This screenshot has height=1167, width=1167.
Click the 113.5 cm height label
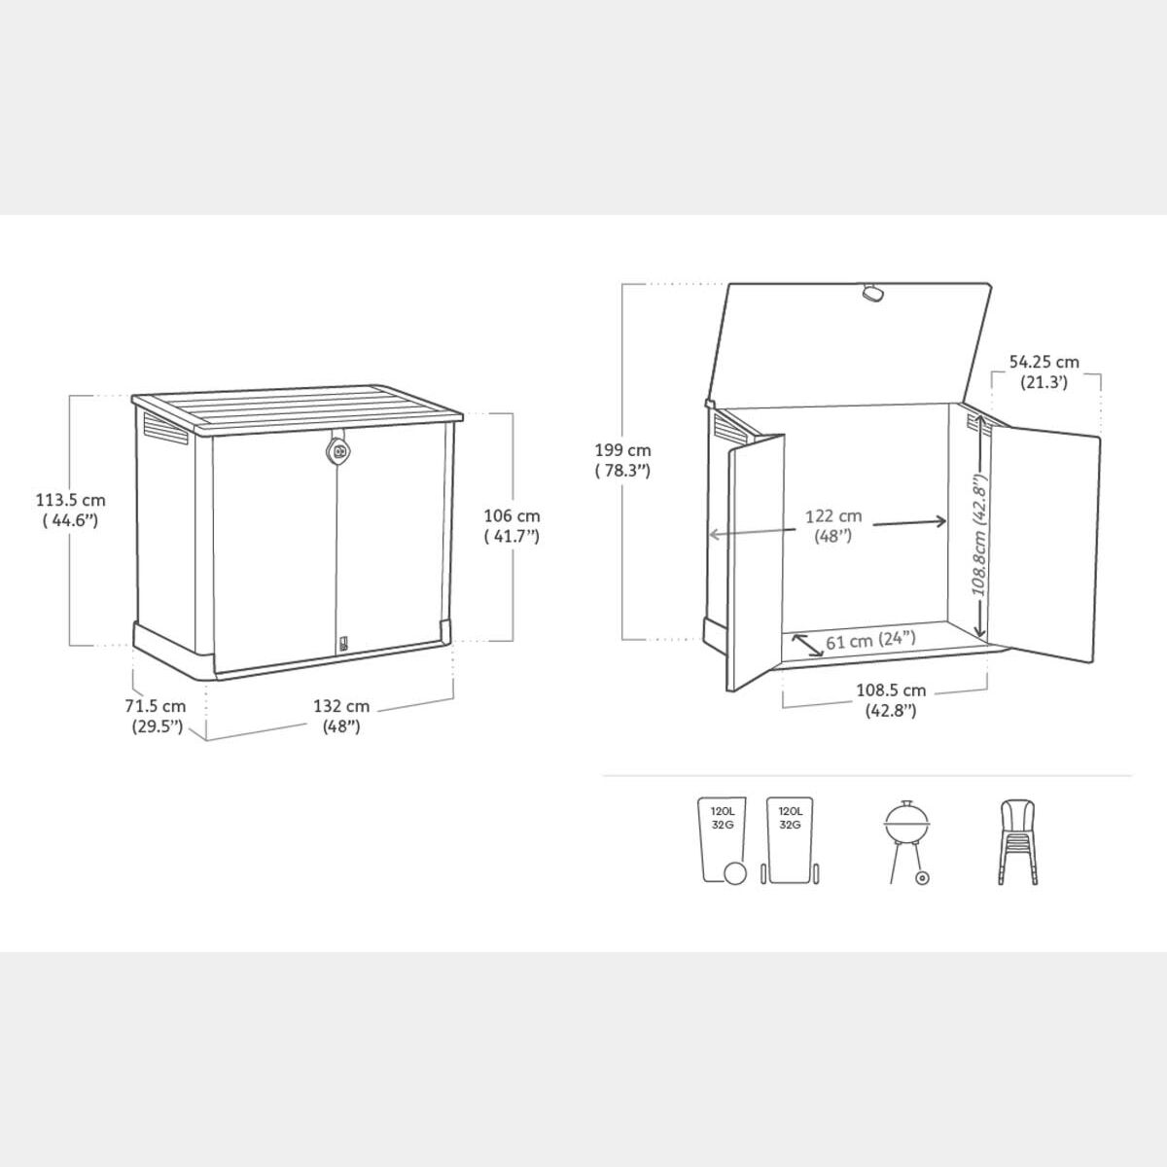(x=70, y=510)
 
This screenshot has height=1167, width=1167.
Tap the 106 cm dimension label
(x=512, y=526)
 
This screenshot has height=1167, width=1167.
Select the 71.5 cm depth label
(x=156, y=716)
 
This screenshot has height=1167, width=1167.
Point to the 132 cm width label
(x=341, y=716)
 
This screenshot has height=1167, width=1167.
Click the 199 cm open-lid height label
(x=622, y=460)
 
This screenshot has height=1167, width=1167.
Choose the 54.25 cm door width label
(x=1044, y=371)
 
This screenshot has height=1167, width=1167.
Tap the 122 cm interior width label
(x=833, y=526)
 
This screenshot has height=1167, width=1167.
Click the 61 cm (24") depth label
(x=870, y=640)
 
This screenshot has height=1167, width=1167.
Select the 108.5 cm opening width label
(x=891, y=700)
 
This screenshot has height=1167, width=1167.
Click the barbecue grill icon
(x=906, y=842)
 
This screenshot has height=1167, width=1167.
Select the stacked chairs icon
(x=1017, y=841)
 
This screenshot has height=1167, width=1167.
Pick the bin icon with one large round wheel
(x=724, y=840)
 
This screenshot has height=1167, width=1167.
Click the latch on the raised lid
(x=872, y=292)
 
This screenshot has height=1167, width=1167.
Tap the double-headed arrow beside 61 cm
(x=807, y=645)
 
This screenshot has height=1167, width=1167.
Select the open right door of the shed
(x=1044, y=545)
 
